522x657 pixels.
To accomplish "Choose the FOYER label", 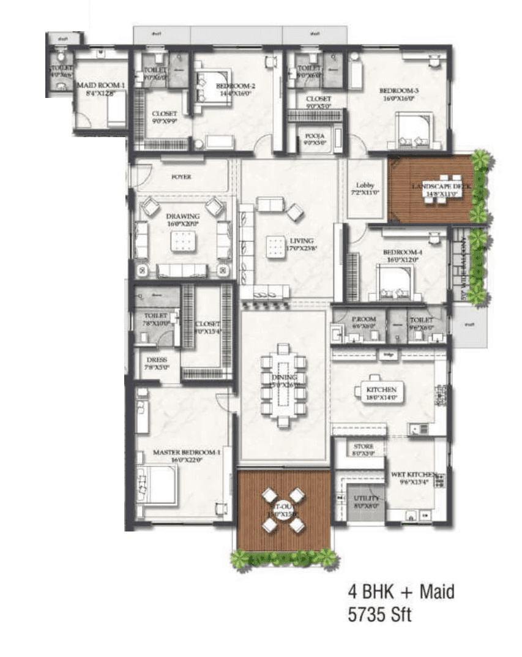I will click(x=181, y=177).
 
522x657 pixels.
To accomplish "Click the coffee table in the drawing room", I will click(x=182, y=243).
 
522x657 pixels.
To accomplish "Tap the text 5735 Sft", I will click(x=379, y=614).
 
